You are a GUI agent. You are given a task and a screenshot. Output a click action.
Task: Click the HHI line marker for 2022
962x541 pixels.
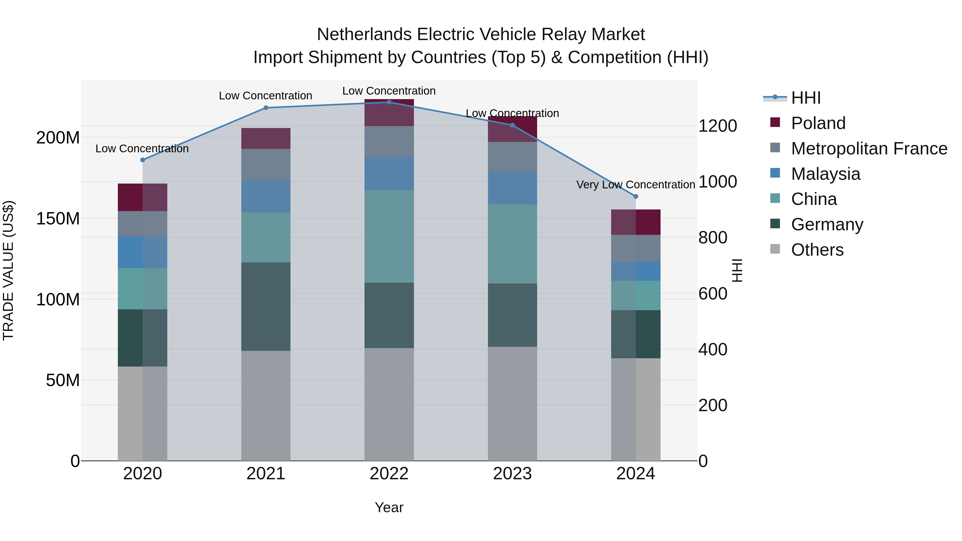(389, 102)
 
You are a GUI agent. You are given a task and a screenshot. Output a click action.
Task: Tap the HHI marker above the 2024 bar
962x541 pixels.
(636, 196)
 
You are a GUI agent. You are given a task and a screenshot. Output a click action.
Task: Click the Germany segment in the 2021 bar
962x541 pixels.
(266, 306)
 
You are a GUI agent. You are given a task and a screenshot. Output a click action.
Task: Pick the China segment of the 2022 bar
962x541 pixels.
(389, 236)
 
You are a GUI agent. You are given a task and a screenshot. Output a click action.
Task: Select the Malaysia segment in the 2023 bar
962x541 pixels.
(512, 188)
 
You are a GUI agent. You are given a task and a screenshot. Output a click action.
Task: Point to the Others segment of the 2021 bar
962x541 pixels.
(266, 405)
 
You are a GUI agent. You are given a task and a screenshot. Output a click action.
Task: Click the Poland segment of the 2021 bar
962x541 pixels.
(266, 138)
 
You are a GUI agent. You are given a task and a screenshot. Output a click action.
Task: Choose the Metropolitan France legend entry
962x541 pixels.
(869, 149)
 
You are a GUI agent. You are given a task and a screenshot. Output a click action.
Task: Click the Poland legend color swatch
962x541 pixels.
(775, 122)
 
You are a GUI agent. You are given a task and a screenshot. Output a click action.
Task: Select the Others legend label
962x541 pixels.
(817, 250)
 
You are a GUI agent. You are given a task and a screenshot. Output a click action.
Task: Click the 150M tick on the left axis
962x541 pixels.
(58, 219)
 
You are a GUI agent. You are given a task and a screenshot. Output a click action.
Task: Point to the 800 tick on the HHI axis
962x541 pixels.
(712, 238)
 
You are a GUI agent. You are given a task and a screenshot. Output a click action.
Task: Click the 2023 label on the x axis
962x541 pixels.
(512, 474)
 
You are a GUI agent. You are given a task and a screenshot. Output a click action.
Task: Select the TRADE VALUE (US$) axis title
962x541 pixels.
(9, 270)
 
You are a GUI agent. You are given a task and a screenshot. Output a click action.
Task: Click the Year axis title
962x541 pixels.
(389, 507)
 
